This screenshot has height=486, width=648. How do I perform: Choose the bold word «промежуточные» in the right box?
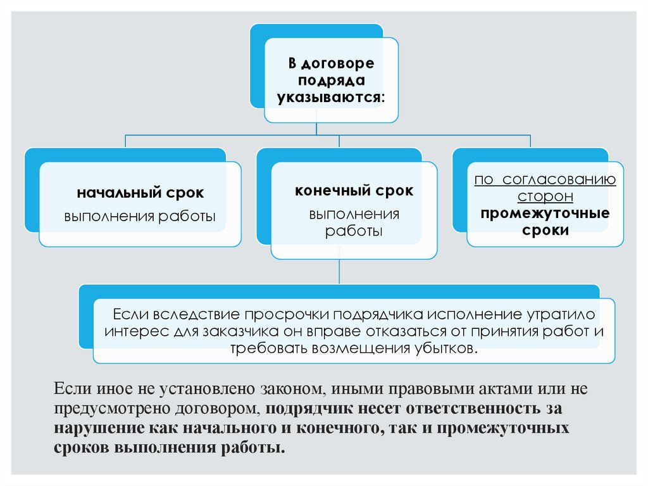(x=545, y=213)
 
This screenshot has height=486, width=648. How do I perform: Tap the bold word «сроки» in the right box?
(x=545, y=230)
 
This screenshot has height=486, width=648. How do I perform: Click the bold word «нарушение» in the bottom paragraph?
(x=96, y=427)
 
